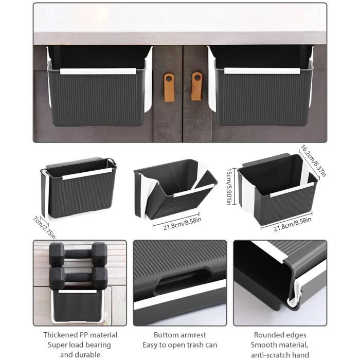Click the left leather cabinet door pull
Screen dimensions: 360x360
pyautogui.click(x=169, y=87)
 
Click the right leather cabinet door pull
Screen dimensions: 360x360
pyautogui.click(x=197, y=86)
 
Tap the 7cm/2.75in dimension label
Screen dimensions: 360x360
pyautogui.click(x=44, y=227)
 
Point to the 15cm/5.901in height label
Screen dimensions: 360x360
pyautogui.click(x=229, y=186)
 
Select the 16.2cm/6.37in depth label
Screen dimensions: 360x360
pyautogui.click(x=313, y=160)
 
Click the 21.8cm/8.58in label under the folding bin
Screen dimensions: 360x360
pyautogui.click(x=182, y=224)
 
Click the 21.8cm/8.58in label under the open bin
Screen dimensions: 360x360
pyautogui.click(x=292, y=224)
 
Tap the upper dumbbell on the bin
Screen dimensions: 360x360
pyautogui.click(x=78, y=254)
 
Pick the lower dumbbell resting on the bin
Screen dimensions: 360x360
pyautogui.click(x=78, y=278)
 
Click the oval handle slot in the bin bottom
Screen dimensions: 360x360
pyautogui.click(x=182, y=281)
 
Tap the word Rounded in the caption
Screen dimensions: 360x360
pyautogui.click(x=266, y=335)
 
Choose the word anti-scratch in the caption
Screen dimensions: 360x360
pyautogui.click(x=271, y=355)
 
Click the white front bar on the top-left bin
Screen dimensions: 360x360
pyautogui.click(x=98, y=71)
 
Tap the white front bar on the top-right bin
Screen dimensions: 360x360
pyautogui.click(x=262, y=71)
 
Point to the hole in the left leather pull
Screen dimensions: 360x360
pyautogui.click(x=169, y=79)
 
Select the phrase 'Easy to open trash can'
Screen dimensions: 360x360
pyautogui.click(x=180, y=345)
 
